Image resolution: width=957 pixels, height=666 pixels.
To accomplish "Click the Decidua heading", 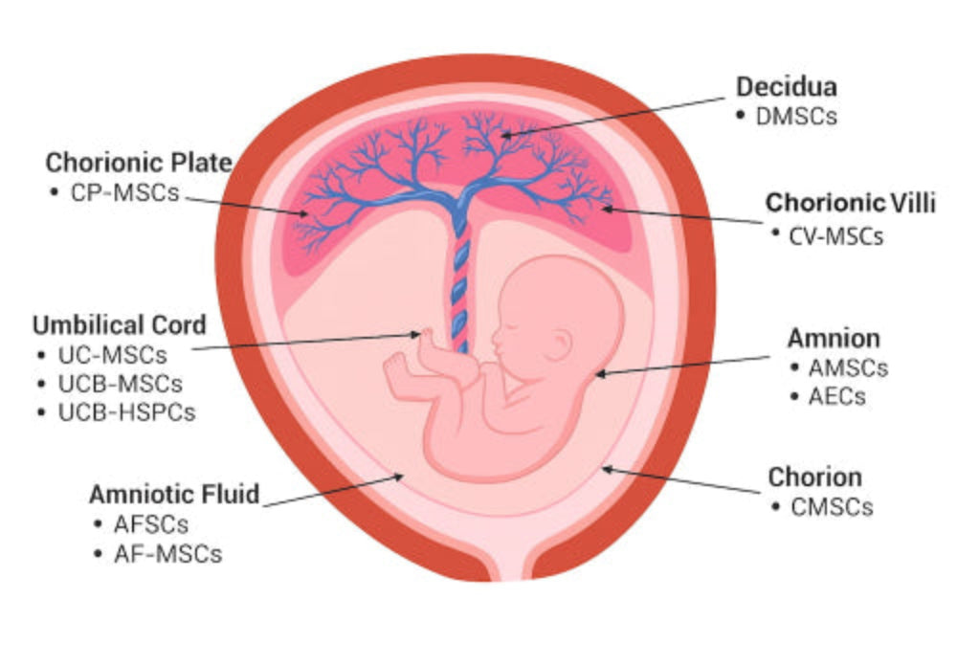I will tap(786, 87).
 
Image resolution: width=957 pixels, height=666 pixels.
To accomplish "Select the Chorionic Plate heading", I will tap(139, 163).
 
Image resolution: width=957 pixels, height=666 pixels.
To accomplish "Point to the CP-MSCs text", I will tap(124, 191).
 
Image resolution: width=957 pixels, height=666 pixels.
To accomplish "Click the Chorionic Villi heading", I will tap(850, 203).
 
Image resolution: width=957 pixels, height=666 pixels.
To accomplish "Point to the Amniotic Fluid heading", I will tap(174, 495).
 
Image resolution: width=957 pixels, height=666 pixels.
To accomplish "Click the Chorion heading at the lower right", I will tap(814, 477).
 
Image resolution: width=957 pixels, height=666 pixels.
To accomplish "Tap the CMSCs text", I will tap(832, 506).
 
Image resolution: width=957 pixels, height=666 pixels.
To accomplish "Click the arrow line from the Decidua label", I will tap(622, 113).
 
